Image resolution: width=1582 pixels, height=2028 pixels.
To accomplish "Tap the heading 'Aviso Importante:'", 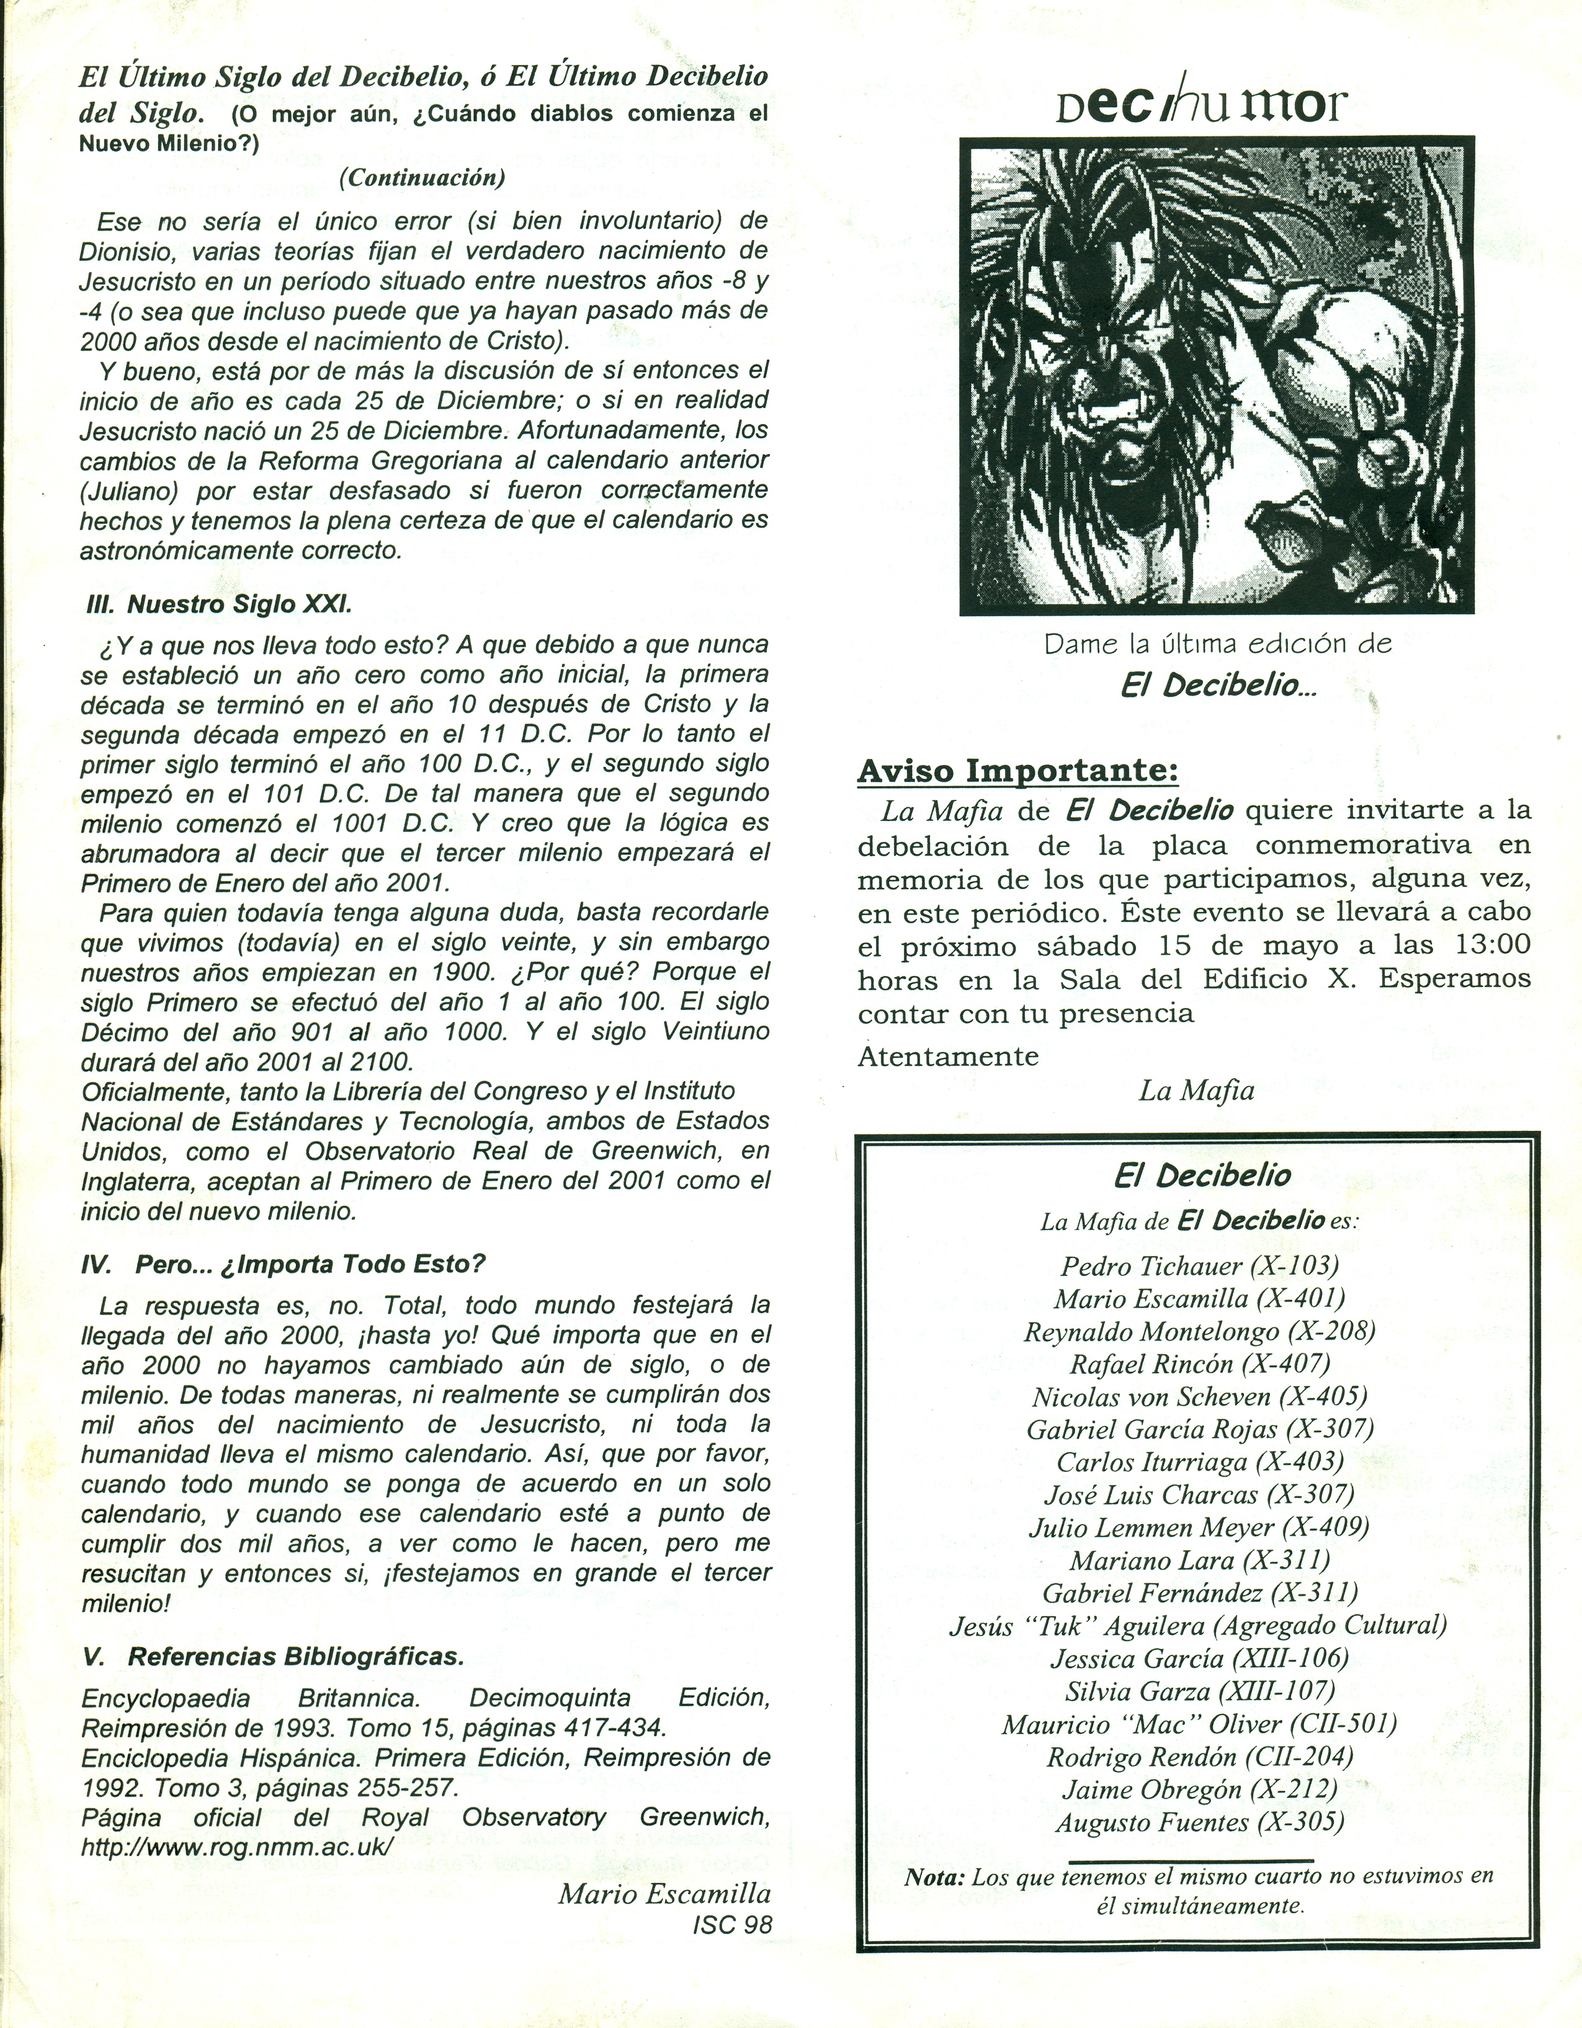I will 1018,770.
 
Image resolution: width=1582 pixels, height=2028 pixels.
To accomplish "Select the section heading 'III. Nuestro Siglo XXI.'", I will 219,604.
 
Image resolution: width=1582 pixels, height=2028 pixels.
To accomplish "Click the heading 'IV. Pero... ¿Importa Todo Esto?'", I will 284,1264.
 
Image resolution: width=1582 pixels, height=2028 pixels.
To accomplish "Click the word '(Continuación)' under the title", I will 422,177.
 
